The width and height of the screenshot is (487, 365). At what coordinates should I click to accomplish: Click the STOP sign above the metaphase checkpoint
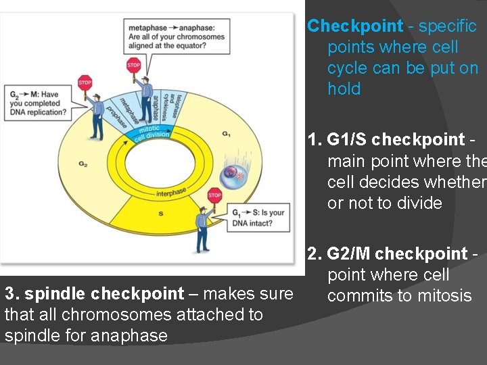pyautogui.click(x=134, y=66)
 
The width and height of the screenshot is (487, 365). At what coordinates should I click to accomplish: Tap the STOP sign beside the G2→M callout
pyautogui.click(x=85, y=83)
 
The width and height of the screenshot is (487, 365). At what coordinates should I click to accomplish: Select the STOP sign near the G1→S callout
pyautogui.click(x=214, y=195)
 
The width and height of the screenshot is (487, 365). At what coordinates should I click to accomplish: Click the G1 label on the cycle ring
pyautogui.click(x=226, y=134)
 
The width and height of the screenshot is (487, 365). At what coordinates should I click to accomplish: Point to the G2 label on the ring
pyautogui.click(x=83, y=164)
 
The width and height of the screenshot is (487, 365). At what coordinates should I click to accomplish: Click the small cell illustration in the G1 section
pyautogui.click(x=233, y=173)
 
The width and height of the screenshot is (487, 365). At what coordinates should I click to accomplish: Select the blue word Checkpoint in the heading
pyautogui.click(x=355, y=26)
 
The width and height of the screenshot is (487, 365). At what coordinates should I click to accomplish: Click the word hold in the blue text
pyautogui.click(x=344, y=89)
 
